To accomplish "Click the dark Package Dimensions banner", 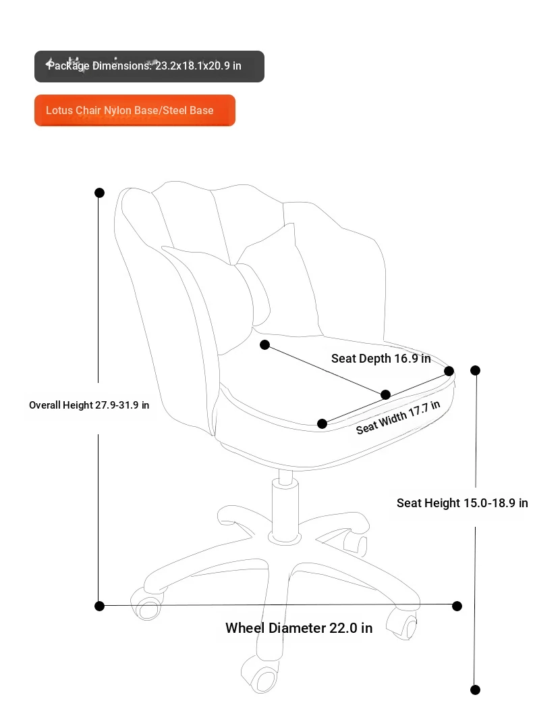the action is click(149, 66).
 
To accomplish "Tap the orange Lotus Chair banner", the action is click(135, 111).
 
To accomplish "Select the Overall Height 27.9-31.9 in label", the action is click(89, 405).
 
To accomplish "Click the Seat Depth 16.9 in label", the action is click(381, 358).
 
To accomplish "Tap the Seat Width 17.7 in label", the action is click(398, 417).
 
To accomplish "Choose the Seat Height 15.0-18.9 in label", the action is click(462, 502).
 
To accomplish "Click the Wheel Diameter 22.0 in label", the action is click(299, 628).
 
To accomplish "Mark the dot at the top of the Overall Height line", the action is click(99, 192).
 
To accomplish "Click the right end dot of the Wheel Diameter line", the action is click(457, 606).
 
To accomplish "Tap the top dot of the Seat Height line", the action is click(476, 370).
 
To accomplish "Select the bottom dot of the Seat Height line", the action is click(476, 690).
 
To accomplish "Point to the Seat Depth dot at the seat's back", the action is click(264, 344).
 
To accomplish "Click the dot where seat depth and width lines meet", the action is click(386, 394).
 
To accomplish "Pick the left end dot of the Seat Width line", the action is click(322, 423).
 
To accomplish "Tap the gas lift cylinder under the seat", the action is click(285, 507).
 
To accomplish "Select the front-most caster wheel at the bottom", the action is click(260, 675).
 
